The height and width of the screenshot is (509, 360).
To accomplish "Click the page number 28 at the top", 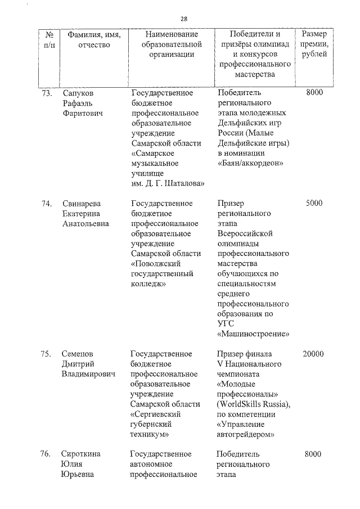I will tap(184, 19).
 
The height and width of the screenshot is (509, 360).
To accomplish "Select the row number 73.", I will tap(47, 92).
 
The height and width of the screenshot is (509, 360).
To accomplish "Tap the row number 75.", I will tap(47, 354).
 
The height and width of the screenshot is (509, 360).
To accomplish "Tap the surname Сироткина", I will tap(82, 454).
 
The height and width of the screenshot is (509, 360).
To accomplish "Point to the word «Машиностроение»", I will tap(253, 334).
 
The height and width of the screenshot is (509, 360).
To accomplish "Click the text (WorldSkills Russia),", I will tap(253, 404).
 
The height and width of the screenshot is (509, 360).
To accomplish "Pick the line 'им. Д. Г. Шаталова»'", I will tap(168, 183).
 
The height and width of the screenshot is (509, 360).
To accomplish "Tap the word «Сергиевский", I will tap(157, 415).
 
